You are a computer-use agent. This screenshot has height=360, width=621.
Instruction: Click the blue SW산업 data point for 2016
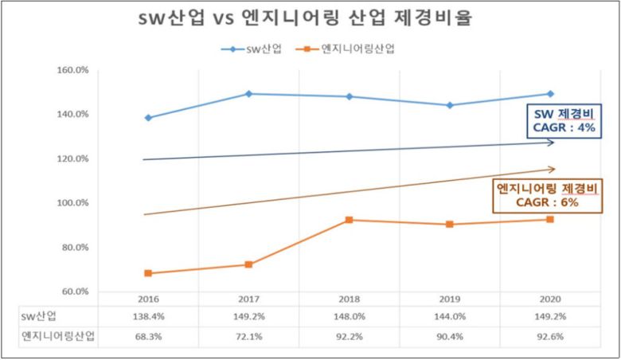pos(148,118)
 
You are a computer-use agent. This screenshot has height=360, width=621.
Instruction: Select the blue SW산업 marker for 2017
pos(248,94)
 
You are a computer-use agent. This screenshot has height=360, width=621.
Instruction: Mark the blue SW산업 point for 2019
pos(450,105)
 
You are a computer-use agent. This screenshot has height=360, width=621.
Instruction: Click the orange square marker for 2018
pos(350,220)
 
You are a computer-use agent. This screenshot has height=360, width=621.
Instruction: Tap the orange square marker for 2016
pos(148,273)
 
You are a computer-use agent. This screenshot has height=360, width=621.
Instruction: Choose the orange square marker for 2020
pos(550,219)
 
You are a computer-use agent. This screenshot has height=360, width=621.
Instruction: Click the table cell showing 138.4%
pos(148,316)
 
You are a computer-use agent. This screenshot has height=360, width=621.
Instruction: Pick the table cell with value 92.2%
pos(350,336)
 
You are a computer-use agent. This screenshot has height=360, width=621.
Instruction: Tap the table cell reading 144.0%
pos(450,316)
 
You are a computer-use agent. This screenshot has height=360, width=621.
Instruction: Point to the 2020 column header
pos(550,299)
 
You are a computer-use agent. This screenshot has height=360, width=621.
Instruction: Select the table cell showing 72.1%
pos(248,336)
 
